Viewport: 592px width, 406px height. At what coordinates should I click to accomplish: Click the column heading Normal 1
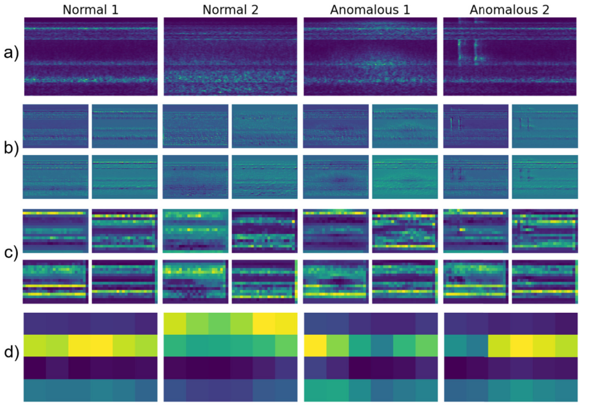click(x=91, y=9)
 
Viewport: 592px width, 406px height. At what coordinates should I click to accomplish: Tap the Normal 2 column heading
click(x=230, y=9)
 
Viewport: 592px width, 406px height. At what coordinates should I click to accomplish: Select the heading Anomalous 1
click(x=370, y=9)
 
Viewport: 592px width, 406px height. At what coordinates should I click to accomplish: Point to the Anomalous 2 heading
click(x=510, y=9)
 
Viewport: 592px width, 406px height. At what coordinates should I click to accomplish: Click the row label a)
click(x=11, y=53)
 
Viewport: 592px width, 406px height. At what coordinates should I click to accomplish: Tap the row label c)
click(x=11, y=253)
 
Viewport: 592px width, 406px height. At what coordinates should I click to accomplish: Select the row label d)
click(x=11, y=352)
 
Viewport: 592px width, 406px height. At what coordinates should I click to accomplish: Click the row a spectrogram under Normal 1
click(x=91, y=56)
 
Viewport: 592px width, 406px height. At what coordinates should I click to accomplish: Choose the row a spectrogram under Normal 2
click(x=230, y=56)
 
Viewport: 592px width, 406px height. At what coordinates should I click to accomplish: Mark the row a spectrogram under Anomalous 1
click(x=370, y=56)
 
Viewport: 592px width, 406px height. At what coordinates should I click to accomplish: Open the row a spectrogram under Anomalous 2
click(x=510, y=56)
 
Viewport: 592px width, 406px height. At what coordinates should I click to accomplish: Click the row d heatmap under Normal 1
click(x=91, y=357)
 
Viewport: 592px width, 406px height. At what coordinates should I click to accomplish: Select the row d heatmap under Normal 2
click(x=230, y=357)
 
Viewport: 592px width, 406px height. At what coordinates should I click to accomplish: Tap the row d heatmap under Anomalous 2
click(x=511, y=357)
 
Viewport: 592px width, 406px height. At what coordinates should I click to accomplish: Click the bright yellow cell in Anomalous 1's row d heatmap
click(x=315, y=346)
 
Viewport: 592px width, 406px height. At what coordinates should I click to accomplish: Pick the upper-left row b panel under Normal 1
click(x=55, y=126)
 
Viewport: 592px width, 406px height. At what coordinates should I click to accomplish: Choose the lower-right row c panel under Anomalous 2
click(x=545, y=282)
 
